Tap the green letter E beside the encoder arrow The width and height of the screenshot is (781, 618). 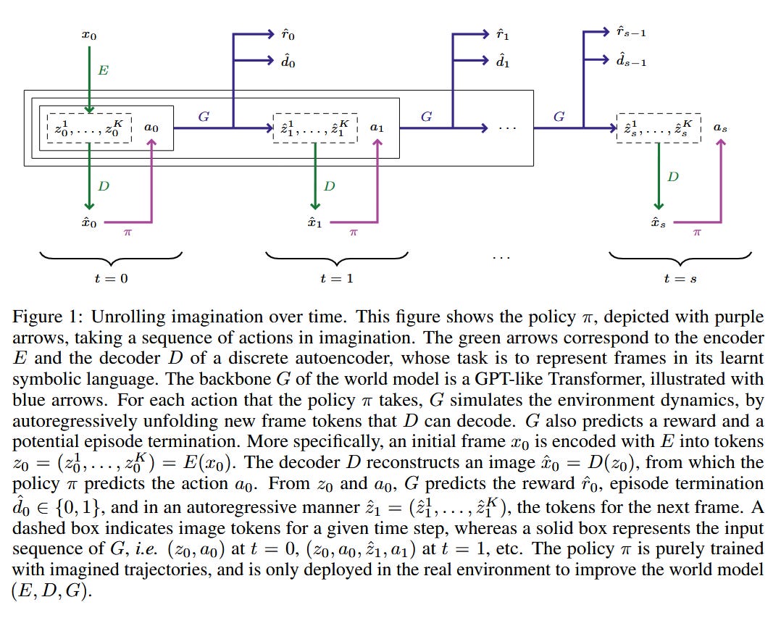click(103, 72)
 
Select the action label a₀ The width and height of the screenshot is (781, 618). click(151, 128)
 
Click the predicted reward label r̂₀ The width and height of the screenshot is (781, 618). click(288, 33)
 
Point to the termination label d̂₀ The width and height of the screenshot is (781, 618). click(288, 62)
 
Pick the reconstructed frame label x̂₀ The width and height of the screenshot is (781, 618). click(89, 223)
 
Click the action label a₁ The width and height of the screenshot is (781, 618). click(377, 128)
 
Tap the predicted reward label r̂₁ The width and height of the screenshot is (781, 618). click(503, 33)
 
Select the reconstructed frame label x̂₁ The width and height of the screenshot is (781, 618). click(314, 223)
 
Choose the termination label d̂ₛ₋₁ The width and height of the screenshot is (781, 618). click(630, 62)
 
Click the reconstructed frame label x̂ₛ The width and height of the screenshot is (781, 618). click(657, 223)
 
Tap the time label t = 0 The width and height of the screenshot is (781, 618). click(110, 278)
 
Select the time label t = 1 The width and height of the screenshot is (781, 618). click(336, 278)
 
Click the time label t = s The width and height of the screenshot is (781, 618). click(680, 278)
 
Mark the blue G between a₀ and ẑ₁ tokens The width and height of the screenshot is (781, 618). click(204, 116)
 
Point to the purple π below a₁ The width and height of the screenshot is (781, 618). click(354, 233)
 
